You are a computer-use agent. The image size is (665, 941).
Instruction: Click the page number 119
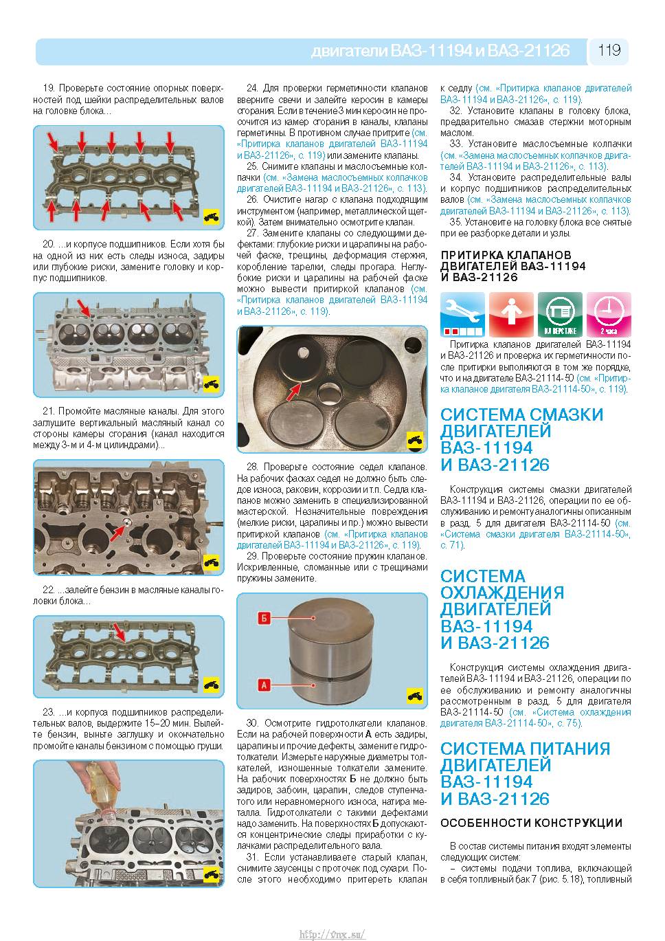[x=609, y=51]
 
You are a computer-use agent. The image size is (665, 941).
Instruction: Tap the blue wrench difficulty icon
[x=462, y=314]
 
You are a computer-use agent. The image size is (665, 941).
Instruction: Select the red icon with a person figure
[x=511, y=314]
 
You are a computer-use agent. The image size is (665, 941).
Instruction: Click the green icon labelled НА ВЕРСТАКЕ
[x=560, y=314]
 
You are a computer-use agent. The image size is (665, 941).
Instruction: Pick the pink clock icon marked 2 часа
[x=609, y=314]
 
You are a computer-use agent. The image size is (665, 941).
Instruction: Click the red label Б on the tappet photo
[x=264, y=618]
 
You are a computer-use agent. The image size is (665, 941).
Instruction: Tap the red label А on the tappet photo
[x=264, y=685]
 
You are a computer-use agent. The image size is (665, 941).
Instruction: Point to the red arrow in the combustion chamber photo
[x=293, y=392]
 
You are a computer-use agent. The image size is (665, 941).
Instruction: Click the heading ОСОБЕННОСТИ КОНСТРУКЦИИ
[x=531, y=823]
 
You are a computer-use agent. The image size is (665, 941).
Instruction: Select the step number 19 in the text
[x=49, y=88]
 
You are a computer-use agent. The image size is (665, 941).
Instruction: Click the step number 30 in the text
[x=252, y=722]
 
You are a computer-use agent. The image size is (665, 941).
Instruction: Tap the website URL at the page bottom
[x=332, y=932]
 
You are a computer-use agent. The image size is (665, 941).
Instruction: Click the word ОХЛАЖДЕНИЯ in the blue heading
[x=502, y=593]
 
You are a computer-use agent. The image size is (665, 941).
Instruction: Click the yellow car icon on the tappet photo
[x=415, y=696]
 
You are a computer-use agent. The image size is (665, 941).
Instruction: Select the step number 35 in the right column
[x=455, y=222]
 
